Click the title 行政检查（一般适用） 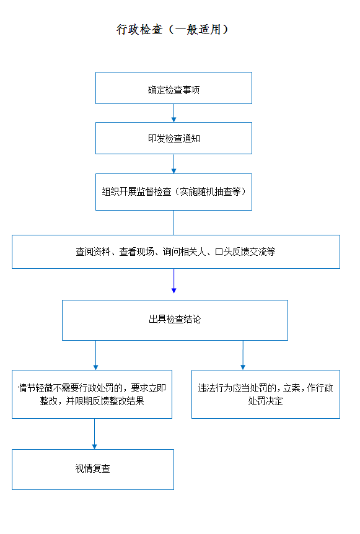click(172, 30)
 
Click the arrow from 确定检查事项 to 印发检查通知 click(173, 113)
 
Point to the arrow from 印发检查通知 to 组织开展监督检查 click(173, 164)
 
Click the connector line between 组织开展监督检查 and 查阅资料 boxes click(173, 223)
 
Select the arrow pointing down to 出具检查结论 click(173, 281)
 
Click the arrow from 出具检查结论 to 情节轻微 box click(95, 355)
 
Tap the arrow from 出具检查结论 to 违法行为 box click(243, 355)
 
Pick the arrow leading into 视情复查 click(94, 434)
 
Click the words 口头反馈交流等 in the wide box click(245, 252)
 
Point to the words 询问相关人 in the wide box click(184, 252)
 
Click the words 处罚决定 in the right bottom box click(266, 401)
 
